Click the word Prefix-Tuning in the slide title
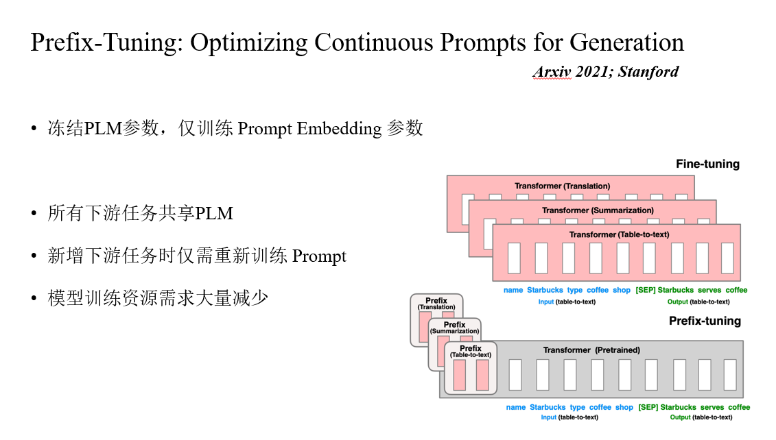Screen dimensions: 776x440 [x=106, y=42]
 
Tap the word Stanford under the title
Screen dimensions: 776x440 [x=648, y=72]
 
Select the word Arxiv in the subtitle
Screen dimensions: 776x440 [x=552, y=72]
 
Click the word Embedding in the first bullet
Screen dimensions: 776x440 [x=339, y=129]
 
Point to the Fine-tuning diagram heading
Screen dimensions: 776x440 [x=707, y=164]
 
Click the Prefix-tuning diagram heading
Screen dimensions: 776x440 [x=705, y=321]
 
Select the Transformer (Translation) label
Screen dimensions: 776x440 [x=562, y=186]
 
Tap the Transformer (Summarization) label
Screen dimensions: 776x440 [x=598, y=210]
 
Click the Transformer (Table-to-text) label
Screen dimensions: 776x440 [x=619, y=234]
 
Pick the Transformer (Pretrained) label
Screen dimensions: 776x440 [x=591, y=350]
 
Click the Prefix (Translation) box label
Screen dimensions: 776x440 [x=436, y=304]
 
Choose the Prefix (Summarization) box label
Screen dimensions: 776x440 [x=454, y=328]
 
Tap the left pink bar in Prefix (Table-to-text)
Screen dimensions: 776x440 [x=459, y=376]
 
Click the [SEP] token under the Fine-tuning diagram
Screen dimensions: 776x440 [x=646, y=290]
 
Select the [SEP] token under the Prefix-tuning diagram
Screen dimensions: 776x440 [x=648, y=407]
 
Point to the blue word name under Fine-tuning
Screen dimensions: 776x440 [x=513, y=290]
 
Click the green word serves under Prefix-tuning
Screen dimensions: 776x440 [x=712, y=407]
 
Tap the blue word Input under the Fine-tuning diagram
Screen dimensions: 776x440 [x=546, y=302]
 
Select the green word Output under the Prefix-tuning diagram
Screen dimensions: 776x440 [x=681, y=418]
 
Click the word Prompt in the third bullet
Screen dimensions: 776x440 [x=319, y=257]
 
